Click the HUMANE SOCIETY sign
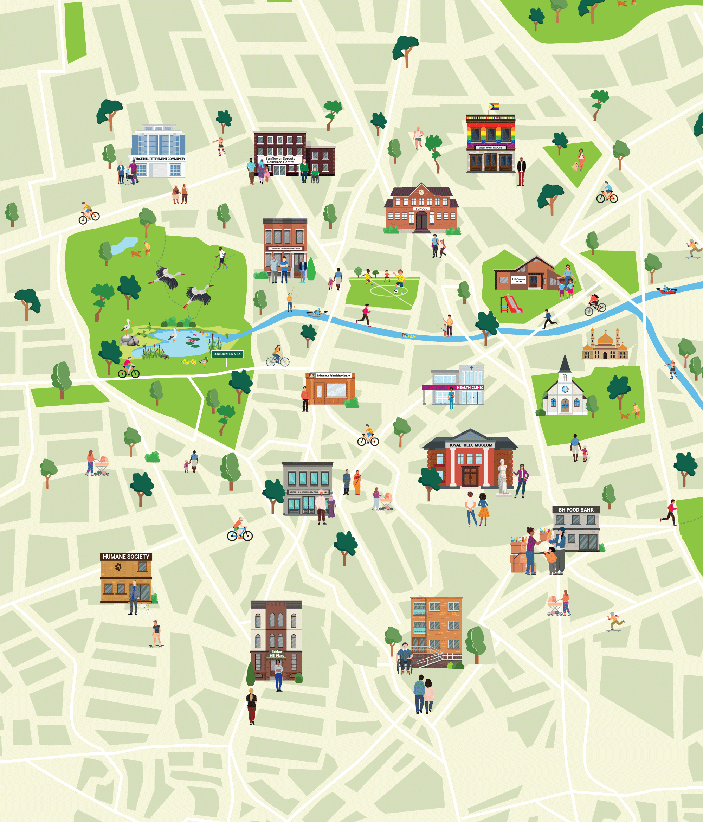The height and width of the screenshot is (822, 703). [126, 557]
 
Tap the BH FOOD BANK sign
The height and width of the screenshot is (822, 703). [576, 510]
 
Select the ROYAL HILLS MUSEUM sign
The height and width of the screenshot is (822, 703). [470, 445]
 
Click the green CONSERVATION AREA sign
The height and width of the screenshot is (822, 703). [227, 354]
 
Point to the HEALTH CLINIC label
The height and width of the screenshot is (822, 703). [470, 387]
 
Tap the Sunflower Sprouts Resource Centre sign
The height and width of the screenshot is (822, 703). [280, 160]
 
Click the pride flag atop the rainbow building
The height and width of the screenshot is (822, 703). [494, 106]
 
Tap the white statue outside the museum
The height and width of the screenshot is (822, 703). [503, 476]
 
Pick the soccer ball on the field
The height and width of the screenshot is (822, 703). [396, 291]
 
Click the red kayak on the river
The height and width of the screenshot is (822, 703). [667, 290]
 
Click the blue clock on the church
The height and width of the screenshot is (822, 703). [565, 389]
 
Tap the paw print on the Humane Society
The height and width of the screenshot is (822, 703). [118, 567]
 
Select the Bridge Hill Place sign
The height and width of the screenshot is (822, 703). [277, 653]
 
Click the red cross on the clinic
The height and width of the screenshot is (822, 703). [471, 368]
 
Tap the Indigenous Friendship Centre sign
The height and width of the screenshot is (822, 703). [333, 375]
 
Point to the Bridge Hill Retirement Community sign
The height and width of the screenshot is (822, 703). [159, 159]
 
